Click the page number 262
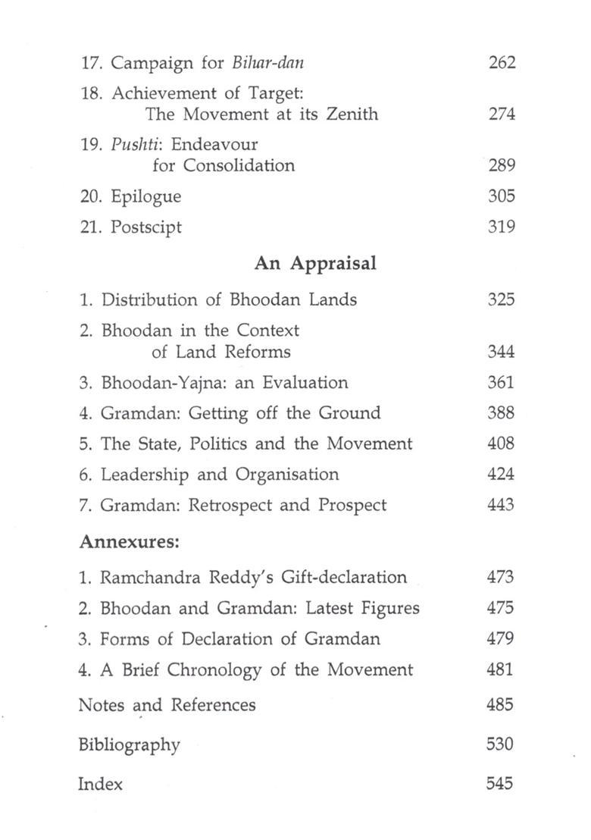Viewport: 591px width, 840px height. pos(502,62)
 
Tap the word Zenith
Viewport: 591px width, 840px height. pos(349,114)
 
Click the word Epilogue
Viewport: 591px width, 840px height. pos(146,196)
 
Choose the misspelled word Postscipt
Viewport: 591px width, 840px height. pos(146,227)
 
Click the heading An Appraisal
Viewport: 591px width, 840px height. pos(316,263)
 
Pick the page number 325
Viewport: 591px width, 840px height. pos(502,299)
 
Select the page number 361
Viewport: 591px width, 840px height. pos(502,383)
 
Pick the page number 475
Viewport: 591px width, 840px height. pos(501,608)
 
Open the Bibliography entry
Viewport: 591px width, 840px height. pos(129,744)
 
